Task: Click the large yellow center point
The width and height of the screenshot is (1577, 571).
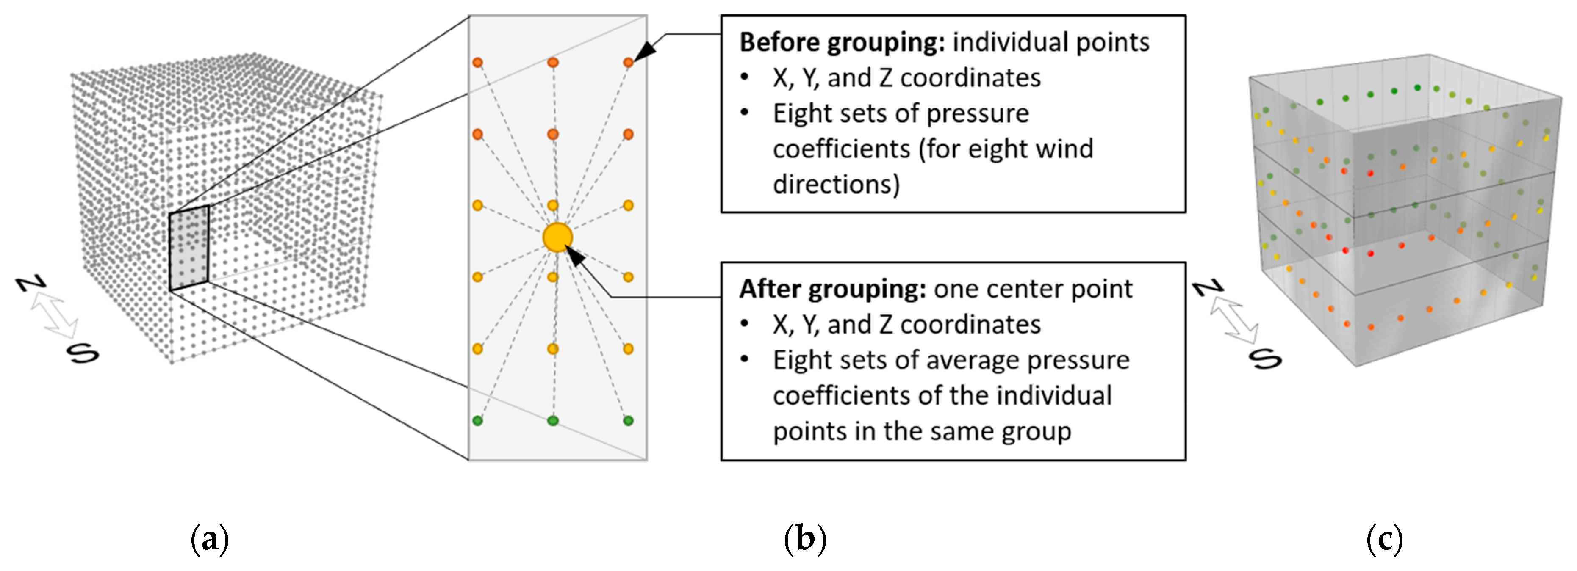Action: tap(557, 238)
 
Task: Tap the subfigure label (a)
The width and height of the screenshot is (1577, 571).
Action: tap(210, 540)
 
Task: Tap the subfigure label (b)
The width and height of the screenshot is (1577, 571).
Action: tap(805, 540)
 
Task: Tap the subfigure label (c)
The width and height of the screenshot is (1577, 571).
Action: tap(1385, 540)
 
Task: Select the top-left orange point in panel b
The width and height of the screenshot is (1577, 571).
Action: tap(477, 62)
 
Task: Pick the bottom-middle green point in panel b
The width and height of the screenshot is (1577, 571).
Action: tap(553, 420)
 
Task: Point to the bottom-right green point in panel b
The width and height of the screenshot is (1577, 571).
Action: tap(628, 420)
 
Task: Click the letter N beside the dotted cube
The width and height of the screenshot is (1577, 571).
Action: tap(30, 283)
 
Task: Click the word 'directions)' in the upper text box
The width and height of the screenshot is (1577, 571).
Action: tap(836, 184)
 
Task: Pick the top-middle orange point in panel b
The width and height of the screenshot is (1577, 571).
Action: tap(553, 62)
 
